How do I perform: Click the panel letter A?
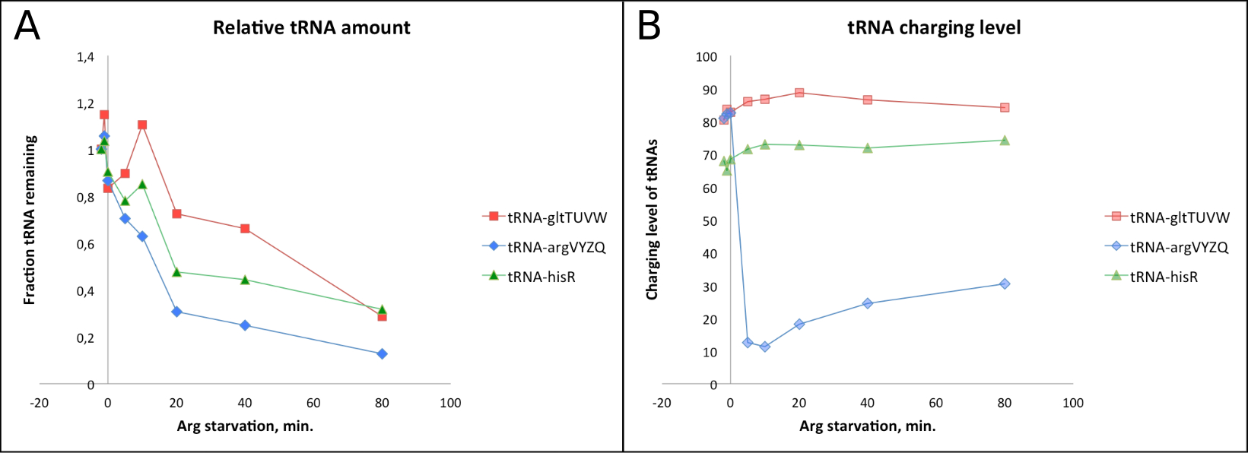[x=27, y=27]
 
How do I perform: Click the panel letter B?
[x=649, y=27]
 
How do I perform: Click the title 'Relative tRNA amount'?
[x=311, y=28]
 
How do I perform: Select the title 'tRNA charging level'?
[x=934, y=28]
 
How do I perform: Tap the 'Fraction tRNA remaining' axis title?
[x=30, y=220]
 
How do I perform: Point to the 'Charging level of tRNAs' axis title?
[x=652, y=220]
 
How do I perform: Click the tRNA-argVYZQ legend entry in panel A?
[x=556, y=247]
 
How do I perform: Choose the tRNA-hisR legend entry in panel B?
[x=1164, y=277]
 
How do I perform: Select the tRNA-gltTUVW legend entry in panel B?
[x=1180, y=217]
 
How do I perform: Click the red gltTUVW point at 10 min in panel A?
[x=142, y=125]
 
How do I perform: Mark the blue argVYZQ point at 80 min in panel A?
[x=382, y=353]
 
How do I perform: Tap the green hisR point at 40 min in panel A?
[x=245, y=280]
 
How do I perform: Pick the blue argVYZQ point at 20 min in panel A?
[x=176, y=312]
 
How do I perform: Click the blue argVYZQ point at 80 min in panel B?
[x=1005, y=284]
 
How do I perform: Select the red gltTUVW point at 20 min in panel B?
[x=799, y=93]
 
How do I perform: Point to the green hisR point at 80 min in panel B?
[x=1005, y=140]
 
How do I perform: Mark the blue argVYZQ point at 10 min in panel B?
[x=765, y=347]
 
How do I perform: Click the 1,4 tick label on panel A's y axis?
[x=86, y=57]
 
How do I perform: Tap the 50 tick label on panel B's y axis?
[x=708, y=221]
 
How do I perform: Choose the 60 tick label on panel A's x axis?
[x=313, y=403]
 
